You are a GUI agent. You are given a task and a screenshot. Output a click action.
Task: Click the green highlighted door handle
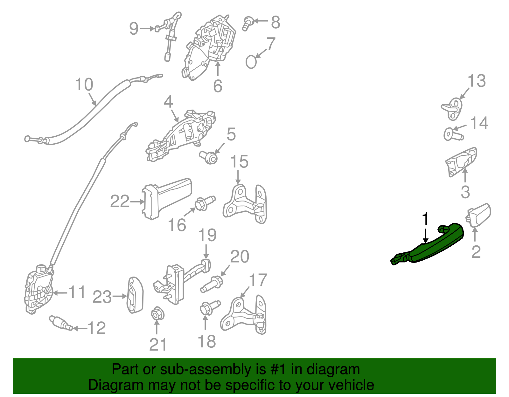[x=436, y=246]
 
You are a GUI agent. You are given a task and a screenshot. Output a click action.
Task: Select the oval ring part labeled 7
[x=251, y=62]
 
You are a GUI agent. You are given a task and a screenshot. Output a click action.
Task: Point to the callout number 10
[x=84, y=85]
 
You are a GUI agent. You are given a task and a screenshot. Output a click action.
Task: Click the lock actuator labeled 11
[x=38, y=289]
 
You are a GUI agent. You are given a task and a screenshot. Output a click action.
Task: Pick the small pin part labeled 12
[x=60, y=324]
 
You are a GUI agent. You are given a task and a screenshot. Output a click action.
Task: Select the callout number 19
[x=207, y=236]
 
